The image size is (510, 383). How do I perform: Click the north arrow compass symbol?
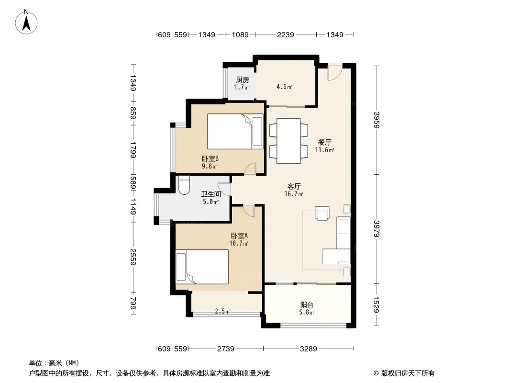click(x=26, y=22)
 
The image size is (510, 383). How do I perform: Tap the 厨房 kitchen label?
click(x=242, y=80)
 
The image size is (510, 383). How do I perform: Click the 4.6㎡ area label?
click(x=284, y=87)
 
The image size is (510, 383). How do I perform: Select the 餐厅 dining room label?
click(x=324, y=142)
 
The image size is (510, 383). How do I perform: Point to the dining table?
click(x=288, y=141)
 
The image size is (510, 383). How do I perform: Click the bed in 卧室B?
click(x=235, y=132)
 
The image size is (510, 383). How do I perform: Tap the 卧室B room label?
click(x=210, y=158)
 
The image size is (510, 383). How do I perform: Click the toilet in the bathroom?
click(x=184, y=185)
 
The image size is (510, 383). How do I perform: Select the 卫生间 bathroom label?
click(x=211, y=194)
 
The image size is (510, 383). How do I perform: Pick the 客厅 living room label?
click(x=294, y=186)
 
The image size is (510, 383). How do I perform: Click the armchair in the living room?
click(x=322, y=213)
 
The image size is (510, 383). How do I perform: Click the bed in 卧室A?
click(x=202, y=267)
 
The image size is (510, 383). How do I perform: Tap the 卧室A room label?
click(x=239, y=236)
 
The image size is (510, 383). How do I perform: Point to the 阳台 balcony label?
click(x=307, y=305)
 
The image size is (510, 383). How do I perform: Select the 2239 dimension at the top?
click(x=285, y=34)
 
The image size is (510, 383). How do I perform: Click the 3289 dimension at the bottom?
click(x=308, y=349)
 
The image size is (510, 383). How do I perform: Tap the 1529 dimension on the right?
click(x=377, y=304)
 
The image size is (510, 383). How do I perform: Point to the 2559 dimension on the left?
click(x=133, y=257)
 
